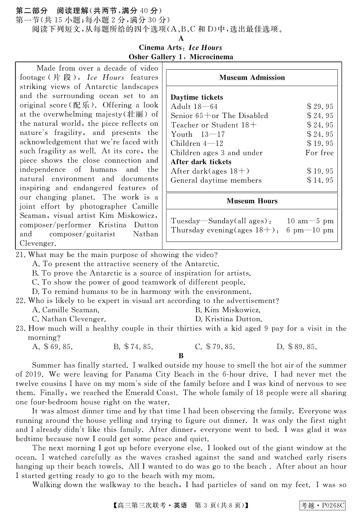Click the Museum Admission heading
pos(252,77)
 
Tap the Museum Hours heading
pos(252,201)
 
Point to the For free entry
pos(319,153)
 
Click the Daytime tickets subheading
pos(197,98)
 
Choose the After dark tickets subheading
pos(201,162)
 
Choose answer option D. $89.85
pos(296,347)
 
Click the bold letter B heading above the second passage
pos(181,356)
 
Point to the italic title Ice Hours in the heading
pos(205,48)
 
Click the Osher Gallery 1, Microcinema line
pos(181,57)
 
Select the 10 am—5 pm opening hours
pos(310,221)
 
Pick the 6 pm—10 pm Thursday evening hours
pos(310,230)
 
